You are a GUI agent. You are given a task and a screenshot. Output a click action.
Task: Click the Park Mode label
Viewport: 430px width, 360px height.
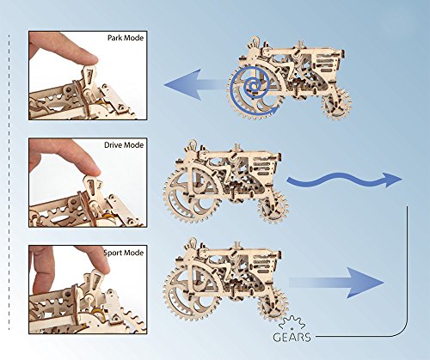pos(126,40)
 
